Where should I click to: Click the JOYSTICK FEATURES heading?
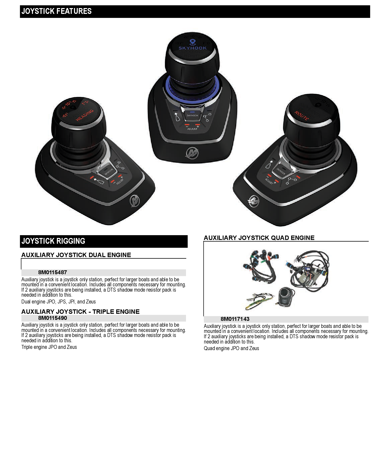click(x=57, y=11)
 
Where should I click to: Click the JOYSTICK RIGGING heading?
click(x=53, y=241)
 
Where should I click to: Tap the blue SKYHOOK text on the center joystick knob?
click(x=193, y=48)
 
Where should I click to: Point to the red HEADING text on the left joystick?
click(x=85, y=115)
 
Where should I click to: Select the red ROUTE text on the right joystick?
click(x=302, y=116)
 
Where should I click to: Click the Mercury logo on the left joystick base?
click(x=135, y=201)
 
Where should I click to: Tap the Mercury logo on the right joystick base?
click(x=253, y=201)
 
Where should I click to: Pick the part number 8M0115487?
click(x=53, y=272)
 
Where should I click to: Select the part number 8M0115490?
click(x=53, y=318)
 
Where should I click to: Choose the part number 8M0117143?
click(x=235, y=319)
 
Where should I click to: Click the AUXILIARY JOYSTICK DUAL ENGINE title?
click(x=76, y=255)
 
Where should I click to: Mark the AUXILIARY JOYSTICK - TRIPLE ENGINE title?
click(x=80, y=312)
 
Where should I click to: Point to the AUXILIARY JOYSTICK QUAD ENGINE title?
click(x=259, y=238)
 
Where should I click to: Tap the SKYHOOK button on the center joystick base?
click(x=192, y=115)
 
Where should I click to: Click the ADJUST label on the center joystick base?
click(x=192, y=129)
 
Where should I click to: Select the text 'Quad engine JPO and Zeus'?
click(x=231, y=348)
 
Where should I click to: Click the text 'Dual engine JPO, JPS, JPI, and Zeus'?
click(x=58, y=302)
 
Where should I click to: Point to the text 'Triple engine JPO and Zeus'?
click(x=49, y=347)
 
